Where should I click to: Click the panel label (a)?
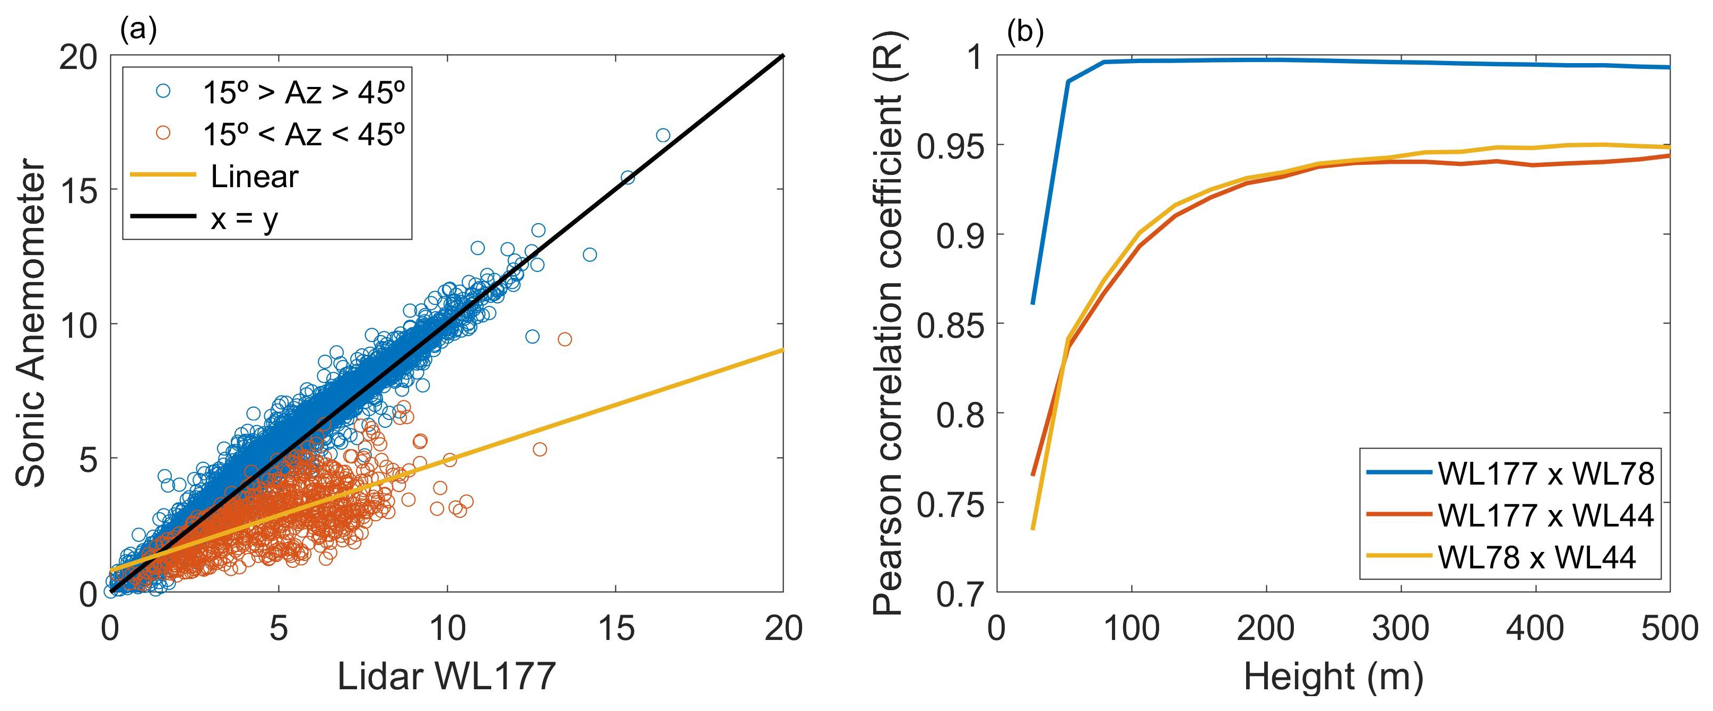coord(138,30)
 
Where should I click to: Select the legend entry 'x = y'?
coord(244,218)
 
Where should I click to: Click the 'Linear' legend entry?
coord(254,177)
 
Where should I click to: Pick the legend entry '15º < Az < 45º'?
coord(303,134)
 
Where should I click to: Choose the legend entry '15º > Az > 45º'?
coord(303,92)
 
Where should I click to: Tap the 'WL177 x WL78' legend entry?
coord(1545,473)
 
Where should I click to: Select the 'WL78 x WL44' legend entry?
coord(1536,557)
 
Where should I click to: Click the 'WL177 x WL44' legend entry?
coord(1545,515)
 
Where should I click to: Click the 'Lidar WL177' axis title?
coord(446,677)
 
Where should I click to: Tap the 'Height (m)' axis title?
coord(1333,677)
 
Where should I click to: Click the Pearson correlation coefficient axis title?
coord(888,323)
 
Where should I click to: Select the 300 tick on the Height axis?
coord(1401,628)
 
